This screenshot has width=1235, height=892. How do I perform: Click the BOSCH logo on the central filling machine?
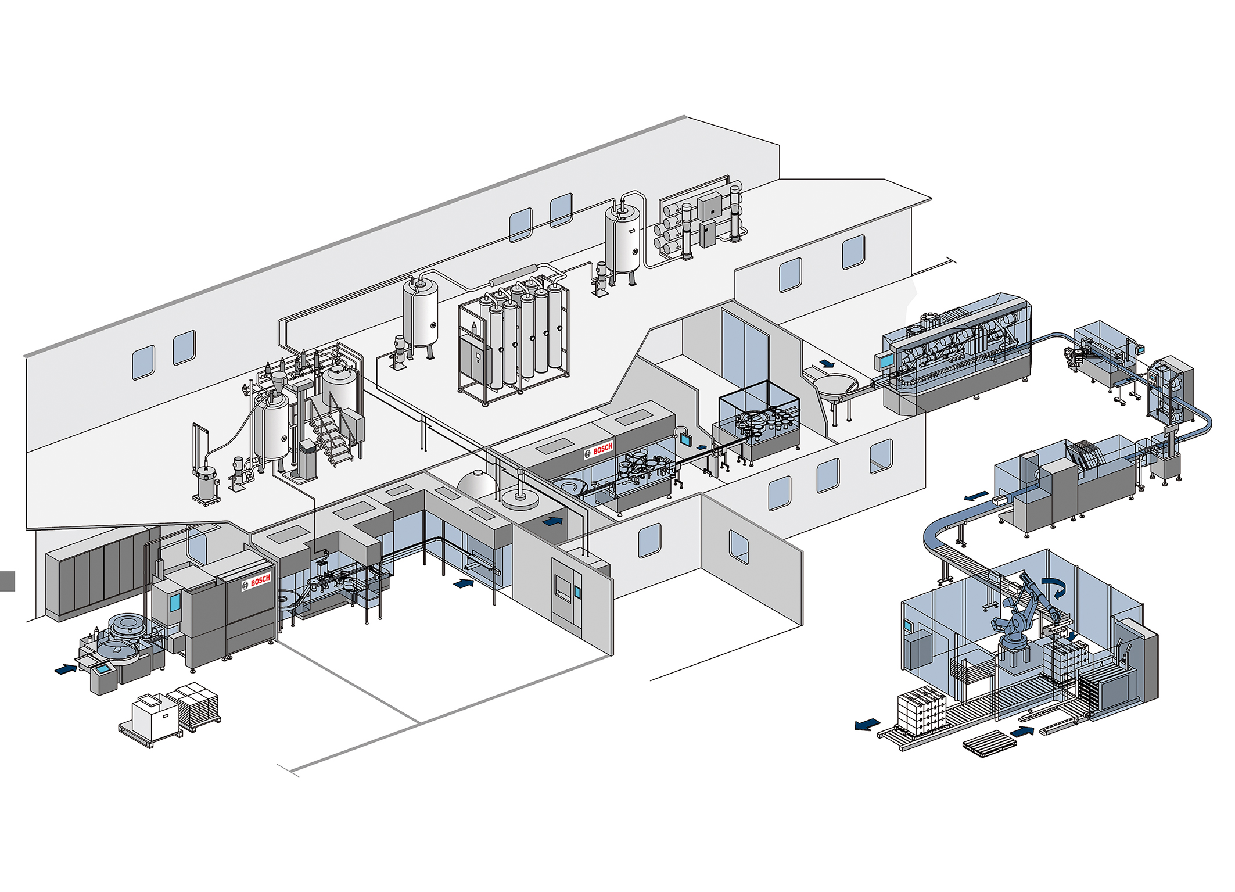coord(599,449)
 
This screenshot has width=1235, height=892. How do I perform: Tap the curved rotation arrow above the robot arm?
coord(1055,587)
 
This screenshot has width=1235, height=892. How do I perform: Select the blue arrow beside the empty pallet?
coord(1022,730)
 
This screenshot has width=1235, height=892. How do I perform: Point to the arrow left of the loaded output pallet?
coord(867,724)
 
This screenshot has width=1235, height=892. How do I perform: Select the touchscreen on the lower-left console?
coord(104,668)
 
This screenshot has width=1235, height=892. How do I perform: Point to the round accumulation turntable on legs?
coord(837,385)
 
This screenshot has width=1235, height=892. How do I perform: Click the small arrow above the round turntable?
coord(825,364)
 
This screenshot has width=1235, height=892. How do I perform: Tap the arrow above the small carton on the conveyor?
coord(976,496)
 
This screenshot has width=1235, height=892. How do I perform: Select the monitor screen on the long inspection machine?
coord(886,361)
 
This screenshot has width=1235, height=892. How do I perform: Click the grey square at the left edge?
coord(7,581)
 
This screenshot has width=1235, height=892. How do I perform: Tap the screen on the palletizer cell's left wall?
coord(908,626)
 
